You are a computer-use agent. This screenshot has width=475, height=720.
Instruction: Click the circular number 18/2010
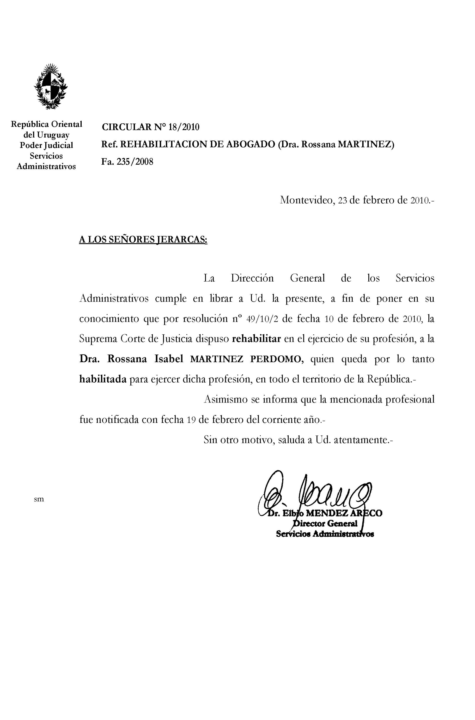click(x=184, y=127)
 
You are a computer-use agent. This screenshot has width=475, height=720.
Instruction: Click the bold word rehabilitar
click(x=256, y=339)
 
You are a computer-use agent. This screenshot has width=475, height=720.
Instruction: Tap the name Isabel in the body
click(x=169, y=359)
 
